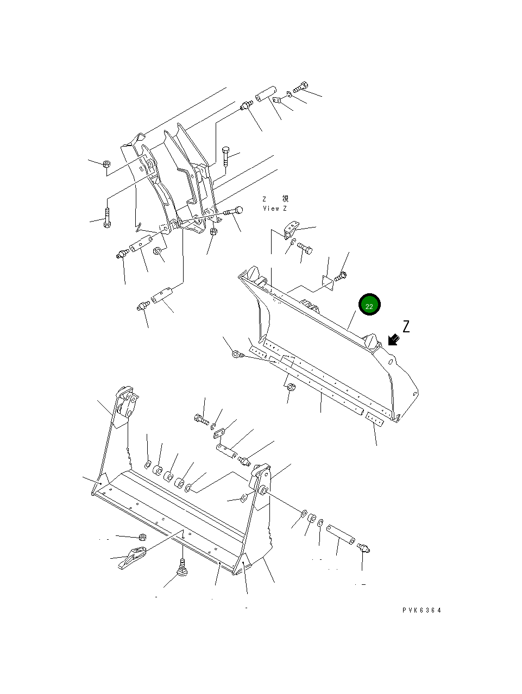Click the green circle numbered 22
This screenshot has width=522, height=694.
pos(369,304)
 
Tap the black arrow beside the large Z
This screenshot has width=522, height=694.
pos(394,340)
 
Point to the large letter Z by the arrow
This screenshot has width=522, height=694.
pos(406,326)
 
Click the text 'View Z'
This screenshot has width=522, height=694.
pos(275,209)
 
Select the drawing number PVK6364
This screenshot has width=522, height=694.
pos(422,610)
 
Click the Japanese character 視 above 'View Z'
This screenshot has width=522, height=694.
pos(285,199)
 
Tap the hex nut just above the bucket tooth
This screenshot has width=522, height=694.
pos(143,537)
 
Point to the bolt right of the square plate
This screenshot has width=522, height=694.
pos(340,276)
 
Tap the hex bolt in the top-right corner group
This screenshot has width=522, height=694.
pos(300,87)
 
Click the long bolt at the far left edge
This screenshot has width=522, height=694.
pos(107,218)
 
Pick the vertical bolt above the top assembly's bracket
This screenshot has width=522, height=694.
pos(226,156)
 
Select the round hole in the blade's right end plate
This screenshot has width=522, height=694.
pos(391,361)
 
